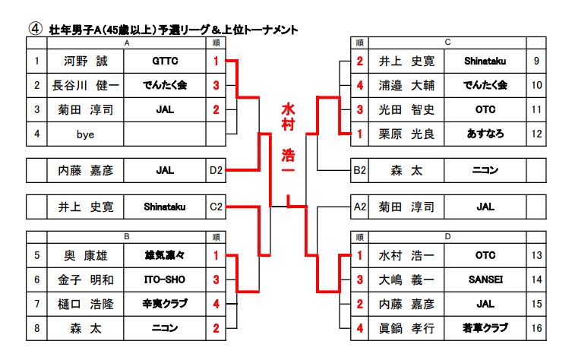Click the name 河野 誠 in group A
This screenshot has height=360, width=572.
86,62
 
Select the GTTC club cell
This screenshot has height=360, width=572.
164,62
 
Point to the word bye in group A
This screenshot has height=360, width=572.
86,134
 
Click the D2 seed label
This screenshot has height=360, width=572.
216,170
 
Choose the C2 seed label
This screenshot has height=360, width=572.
216,206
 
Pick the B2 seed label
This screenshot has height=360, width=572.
360,170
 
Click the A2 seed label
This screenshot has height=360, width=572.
360,206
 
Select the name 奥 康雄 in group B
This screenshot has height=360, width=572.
86,256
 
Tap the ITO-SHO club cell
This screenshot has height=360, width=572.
164,280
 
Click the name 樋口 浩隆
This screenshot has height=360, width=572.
86,304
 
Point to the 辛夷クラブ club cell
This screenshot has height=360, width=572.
164,304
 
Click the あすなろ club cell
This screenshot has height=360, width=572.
485,134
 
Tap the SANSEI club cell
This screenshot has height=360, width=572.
485,280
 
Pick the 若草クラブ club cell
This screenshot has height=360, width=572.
485,328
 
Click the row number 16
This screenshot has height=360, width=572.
537,328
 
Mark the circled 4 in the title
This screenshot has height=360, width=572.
34,27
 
